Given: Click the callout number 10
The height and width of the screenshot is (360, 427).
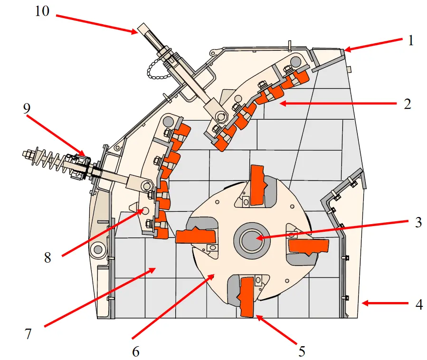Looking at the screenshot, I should point(42,11).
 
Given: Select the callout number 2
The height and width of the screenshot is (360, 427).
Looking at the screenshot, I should point(407,104).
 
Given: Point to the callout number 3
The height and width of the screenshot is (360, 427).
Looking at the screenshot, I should point(418,223).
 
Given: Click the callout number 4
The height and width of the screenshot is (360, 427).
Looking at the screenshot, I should point(418,304).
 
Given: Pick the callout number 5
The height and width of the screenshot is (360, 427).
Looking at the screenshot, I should point(301,351).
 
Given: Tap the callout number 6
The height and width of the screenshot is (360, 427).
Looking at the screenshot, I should point(135,351).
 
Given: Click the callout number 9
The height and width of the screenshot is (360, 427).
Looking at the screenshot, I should point(27,108).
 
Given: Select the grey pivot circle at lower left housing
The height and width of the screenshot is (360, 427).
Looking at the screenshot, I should point(98,248).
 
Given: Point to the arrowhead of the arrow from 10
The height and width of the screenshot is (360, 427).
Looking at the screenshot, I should point(135,32).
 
